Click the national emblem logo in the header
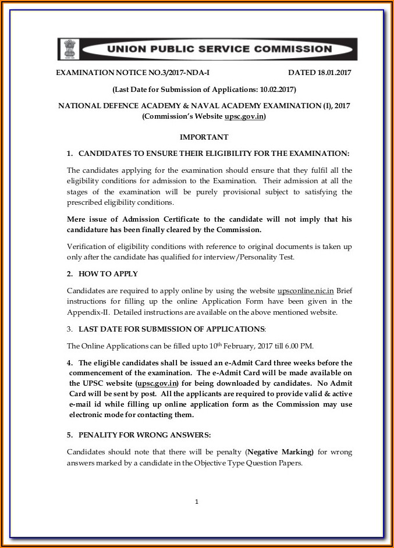(69, 49)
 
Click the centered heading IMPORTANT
(204, 137)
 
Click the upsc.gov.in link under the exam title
(244, 116)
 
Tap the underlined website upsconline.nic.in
(306, 290)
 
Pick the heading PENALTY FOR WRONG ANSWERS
(144, 435)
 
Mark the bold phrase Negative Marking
(279, 452)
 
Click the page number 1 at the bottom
(197, 501)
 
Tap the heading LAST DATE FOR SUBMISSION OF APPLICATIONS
(171, 329)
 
